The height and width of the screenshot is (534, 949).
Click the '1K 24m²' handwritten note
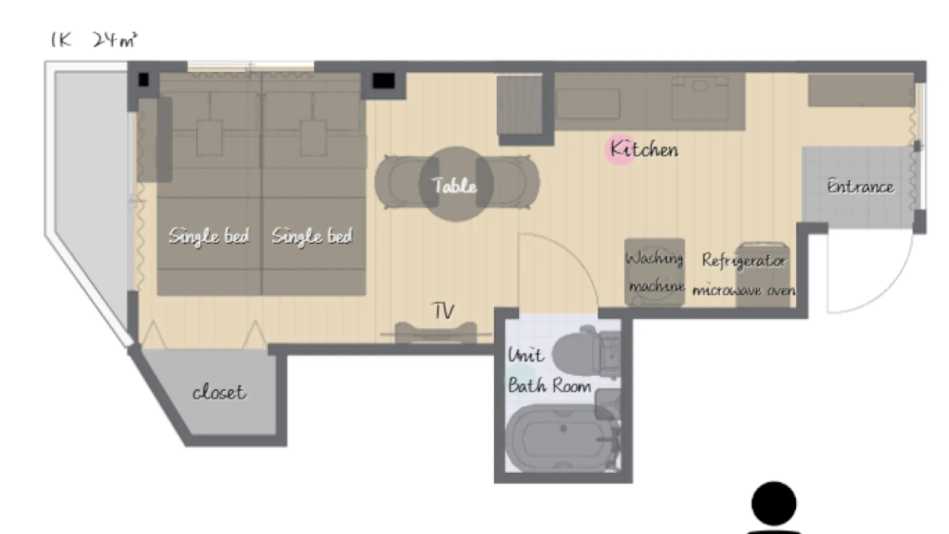tap(94, 40)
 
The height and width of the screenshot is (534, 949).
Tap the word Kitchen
tap(644, 149)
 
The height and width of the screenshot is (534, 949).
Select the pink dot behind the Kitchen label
tap(620, 149)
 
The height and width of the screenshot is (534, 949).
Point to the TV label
tap(443, 311)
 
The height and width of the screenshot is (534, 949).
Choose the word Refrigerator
tap(743, 261)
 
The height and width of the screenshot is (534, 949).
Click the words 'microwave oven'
tap(744, 290)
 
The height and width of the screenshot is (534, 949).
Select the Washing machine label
tap(655, 272)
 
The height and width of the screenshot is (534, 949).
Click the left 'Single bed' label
tap(209, 236)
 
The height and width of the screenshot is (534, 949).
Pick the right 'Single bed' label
tap(312, 236)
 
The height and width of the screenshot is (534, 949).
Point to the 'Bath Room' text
tap(550, 385)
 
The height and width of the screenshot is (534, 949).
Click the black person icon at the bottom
tap(774, 507)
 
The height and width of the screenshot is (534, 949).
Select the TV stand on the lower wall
tap(436, 332)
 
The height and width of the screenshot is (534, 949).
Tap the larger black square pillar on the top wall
tap(384, 81)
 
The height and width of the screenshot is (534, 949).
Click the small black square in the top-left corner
tap(143, 79)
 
